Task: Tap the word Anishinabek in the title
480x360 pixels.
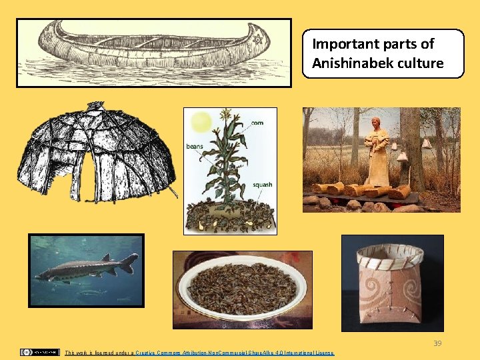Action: [x=354, y=63]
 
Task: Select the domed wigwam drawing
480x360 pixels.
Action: [x=97, y=153]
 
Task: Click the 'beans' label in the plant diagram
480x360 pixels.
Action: [x=194, y=146]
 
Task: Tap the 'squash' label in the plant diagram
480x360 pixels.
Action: [x=262, y=185]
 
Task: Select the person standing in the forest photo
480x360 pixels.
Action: [x=379, y=150]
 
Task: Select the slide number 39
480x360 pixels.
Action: [x=437, y=343]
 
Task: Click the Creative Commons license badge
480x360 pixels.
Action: [x=40, y=352]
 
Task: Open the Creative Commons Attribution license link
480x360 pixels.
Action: [x=233, y=353]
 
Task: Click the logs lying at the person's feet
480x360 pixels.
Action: [x=363, y=191]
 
